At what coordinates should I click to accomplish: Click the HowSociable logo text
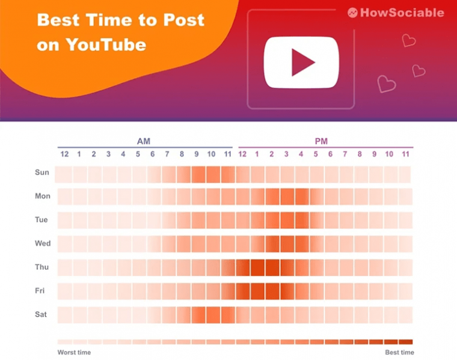tap(402, 13)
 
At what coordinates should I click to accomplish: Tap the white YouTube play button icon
tap(301, 62)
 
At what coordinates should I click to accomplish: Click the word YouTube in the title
tap(106, 44)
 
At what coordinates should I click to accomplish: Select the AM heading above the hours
tap(144, 141)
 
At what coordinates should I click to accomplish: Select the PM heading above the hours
tap(321, 141)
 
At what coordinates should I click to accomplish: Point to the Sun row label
tap(42, 172)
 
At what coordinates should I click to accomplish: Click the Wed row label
tap(43, 243)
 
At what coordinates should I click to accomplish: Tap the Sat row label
tap(41, 314)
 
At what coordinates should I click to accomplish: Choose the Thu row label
tap(42, 267)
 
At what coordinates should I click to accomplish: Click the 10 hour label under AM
tap(211, 154)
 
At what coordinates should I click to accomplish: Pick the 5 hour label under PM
tap(316, 154)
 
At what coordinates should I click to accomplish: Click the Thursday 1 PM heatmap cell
tap(257, 267)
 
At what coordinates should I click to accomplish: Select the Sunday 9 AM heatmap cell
tap(198, 175)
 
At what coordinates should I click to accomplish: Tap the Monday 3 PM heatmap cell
tap(287, 197)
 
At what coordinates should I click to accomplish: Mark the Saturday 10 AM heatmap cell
tap(213, 315)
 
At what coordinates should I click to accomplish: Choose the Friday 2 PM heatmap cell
tap(272, 291)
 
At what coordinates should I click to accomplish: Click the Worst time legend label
tap(74, 352)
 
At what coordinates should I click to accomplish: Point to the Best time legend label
tap(400, 352)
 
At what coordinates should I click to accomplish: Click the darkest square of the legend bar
tap(406, 341)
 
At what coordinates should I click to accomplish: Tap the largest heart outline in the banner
tap(387, 85)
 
